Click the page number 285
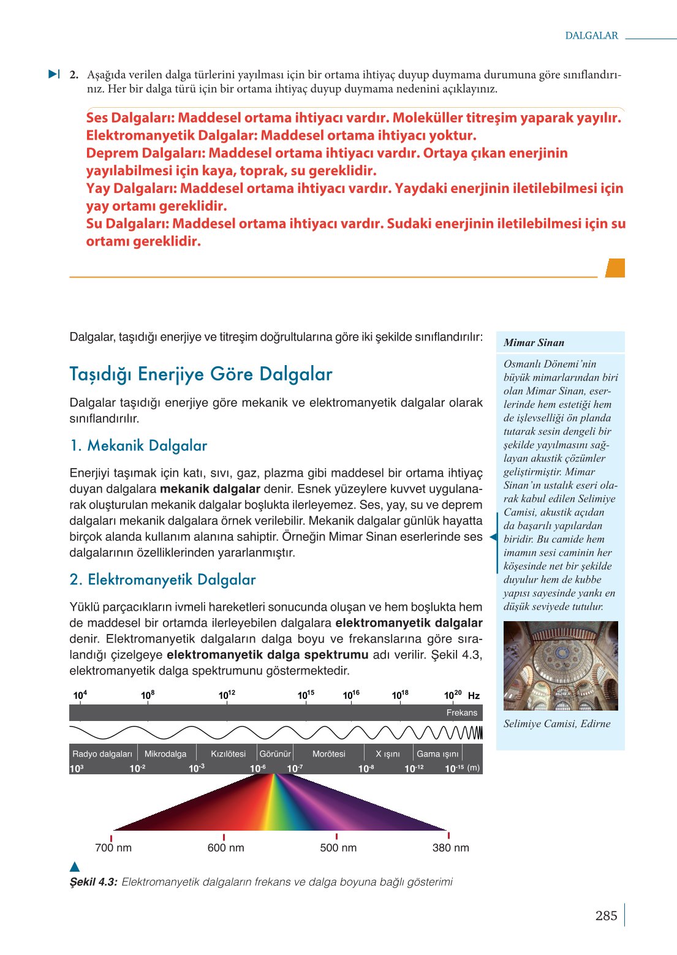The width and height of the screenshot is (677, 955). pos(606,916)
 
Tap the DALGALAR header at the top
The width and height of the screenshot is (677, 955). pos(591,36)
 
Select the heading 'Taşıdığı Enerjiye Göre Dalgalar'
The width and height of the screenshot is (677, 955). pos(201,374)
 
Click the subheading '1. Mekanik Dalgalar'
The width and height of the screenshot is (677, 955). pos(138,446)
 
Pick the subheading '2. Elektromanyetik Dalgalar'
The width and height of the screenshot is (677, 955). pos(162,580)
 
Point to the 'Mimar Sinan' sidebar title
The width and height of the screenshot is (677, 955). pos(534,342)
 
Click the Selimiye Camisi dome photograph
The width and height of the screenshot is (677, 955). pos(560,665)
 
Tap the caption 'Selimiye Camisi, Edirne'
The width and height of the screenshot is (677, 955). pos(557,723)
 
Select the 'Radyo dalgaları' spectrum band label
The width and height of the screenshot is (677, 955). pos(102,754)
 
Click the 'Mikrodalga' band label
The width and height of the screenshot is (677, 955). pos(165,754)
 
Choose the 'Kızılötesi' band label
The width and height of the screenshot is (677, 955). pos(228,754)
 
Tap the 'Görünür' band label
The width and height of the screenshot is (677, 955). pos(275,754)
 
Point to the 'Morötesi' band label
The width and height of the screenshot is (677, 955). pos(329,754)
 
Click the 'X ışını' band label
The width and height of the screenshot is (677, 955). pos(387,754)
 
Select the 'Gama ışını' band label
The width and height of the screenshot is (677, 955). pos(437,754)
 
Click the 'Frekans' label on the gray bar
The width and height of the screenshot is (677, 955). pos(461,713)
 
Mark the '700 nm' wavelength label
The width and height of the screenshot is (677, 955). pos(113,848)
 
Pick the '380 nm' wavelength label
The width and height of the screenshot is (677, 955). pos(450,848)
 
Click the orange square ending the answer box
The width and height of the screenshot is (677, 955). pos(615,268)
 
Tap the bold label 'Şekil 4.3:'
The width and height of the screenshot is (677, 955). pos(93,882)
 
